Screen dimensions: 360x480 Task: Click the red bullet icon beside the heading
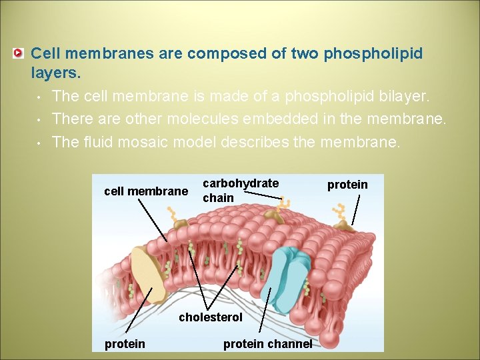pyautogui.click(x=20, y=53)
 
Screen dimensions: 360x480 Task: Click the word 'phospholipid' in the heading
pyautogui.click(x=373, y=53)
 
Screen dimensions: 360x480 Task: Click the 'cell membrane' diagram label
pyautogui.click(x=146, y=191)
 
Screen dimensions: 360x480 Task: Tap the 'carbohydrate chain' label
pyautogui.click(x=240, y=190)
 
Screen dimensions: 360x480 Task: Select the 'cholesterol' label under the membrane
pyautogui.click(x=211, y=317)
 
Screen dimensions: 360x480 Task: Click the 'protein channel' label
pyautogui.click(x=267, y=344)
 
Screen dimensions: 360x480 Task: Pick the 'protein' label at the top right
pyautogui.click(x=347, y=185)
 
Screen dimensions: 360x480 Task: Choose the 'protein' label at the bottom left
pyautogui.click(x=125, y=344)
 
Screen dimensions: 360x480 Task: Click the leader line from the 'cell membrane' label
pyautogui.click(x=153, y=220)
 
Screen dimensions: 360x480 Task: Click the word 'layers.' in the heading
pyautogui.click(x=56, y=71)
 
